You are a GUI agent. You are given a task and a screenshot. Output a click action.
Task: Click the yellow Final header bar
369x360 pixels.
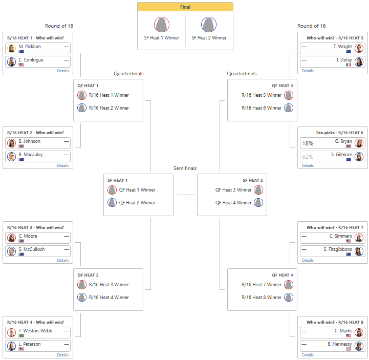tap(185, 7)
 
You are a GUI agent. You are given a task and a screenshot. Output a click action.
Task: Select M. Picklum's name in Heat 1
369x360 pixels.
tap(30, 47)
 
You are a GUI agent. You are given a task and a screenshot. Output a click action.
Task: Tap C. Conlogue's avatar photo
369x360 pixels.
tap(11, 61)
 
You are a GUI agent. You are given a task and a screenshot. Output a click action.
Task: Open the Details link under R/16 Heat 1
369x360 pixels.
tap(63, 71)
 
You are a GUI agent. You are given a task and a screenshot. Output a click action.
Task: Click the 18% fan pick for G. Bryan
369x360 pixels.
tap(308, 143)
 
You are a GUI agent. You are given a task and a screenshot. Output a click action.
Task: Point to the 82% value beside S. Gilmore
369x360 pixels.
tap(308, 157)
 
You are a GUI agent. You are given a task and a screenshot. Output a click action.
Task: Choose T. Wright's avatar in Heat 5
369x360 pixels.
tap(359, 48)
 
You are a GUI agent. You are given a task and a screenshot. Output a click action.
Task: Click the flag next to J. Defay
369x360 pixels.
tap(349, 65)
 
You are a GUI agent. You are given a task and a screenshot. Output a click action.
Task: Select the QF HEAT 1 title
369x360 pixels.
tap(88, 86)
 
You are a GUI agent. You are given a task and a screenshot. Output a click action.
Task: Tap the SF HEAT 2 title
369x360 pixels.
tap(253, 180)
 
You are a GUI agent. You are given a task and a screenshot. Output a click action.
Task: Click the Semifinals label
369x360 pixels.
tap(185, 168)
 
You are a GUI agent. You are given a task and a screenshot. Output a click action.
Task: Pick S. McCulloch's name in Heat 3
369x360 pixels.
tap(31, 249)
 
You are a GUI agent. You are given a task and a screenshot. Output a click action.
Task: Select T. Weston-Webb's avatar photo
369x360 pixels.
tap(11, 332)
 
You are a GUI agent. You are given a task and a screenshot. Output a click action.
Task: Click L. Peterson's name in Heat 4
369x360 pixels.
tap(30, 344)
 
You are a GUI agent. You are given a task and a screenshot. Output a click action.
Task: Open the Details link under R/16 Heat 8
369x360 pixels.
tap(308, 355)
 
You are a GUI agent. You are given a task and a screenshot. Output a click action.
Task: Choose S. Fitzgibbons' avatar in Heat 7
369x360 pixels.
tap(359, 251)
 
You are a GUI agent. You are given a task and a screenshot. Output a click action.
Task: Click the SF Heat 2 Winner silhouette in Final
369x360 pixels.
tap(209, 25)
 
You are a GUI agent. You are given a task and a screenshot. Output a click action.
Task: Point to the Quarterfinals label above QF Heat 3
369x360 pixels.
tap(242, 74)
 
